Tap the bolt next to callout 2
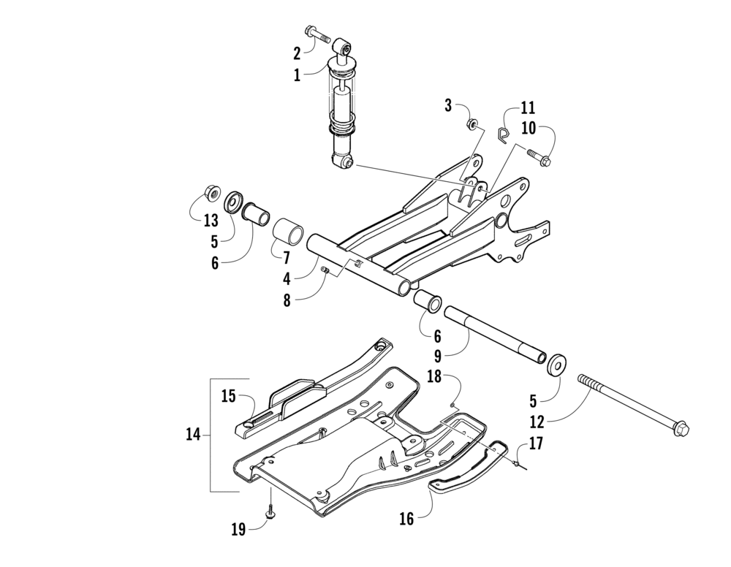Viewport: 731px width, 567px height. [x=319, y=34]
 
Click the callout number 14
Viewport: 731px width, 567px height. [x=192, y=435]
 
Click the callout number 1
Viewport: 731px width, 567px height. [x=297, y=75]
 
